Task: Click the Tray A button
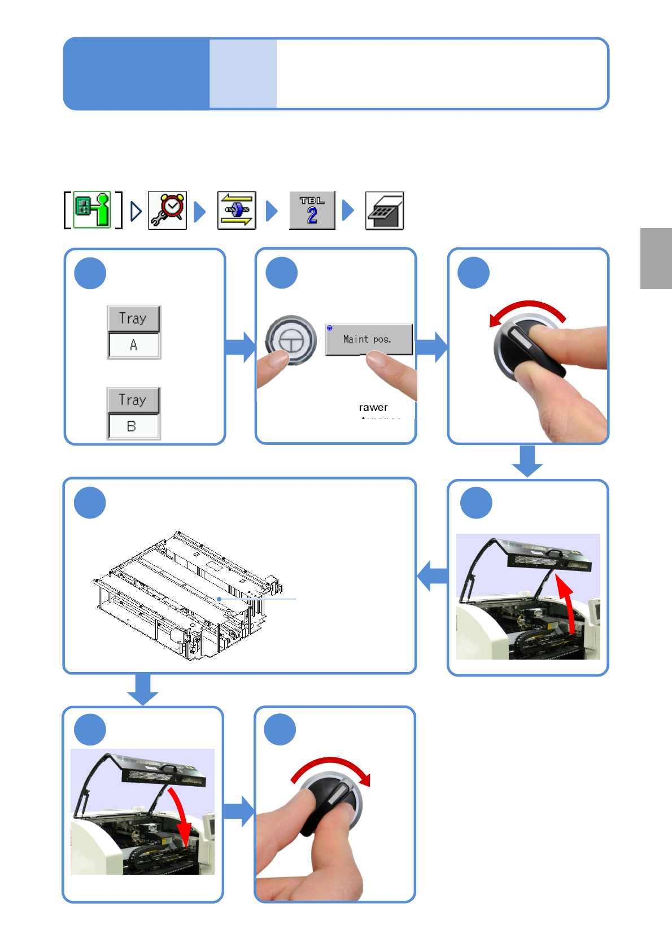point(134,332)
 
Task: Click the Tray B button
point(134,413)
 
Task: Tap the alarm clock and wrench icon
point(167,210)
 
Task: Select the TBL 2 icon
point(312,210)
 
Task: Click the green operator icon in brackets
point(93,210)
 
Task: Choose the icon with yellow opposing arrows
point(237,210)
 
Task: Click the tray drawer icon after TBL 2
point(385,211)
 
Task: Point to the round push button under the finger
point(291,340)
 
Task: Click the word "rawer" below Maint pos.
point(373,407)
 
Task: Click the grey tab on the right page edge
point(656,258)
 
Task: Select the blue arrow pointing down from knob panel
point(527,461)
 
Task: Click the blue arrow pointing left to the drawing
point(432,576)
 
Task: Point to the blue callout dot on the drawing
point(219,599)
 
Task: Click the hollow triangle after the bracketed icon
point(136,211)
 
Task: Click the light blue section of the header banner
point(243,73)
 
